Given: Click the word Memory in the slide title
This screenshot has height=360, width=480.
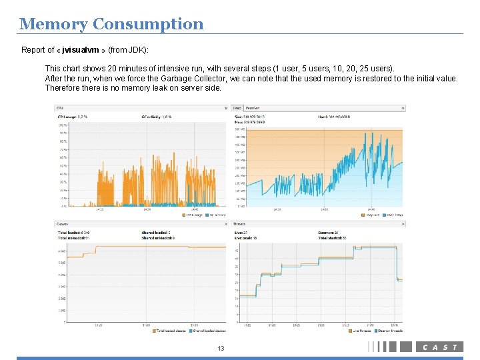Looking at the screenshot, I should click(x=54, y=25).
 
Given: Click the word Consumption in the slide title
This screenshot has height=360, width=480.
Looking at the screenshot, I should click(x=148, y=25).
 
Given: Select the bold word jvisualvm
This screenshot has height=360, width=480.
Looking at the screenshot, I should click(x=83, y=50).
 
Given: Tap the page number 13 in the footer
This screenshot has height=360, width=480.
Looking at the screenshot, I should click(x=222, y=349).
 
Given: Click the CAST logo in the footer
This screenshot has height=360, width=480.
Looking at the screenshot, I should click(x=439, y=347).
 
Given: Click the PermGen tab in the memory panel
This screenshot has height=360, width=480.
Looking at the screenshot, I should click(x=253, y=107).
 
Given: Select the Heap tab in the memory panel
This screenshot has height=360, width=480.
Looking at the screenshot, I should click(x=237, y=107).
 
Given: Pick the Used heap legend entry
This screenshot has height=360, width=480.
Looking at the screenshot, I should click(x=391, y=215).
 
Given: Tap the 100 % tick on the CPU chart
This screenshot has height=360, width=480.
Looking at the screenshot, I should click(x=62, y=125).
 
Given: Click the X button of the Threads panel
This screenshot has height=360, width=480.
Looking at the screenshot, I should click(x=403, y=224).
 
